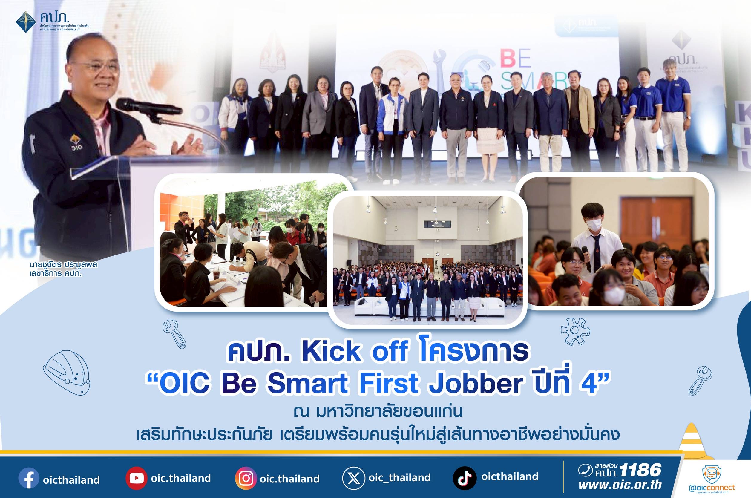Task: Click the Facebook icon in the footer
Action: [29, 478]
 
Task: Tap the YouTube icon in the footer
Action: [136, 478]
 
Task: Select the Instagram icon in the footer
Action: [246, 478]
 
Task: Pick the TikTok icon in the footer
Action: [465, 478]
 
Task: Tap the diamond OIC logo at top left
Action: [26, 22]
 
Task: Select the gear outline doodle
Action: [575, 331]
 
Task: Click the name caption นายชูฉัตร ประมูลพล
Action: [63, 265]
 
